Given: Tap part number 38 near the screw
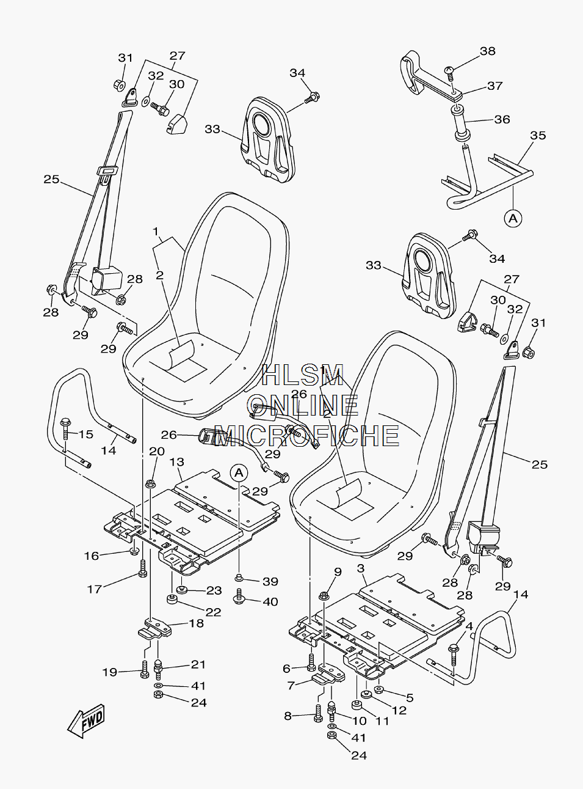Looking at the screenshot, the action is point(487,51).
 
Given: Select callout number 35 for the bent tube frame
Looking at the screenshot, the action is point(538,136).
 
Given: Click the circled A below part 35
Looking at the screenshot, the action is point(513,218).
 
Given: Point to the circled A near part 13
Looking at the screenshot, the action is point(239,473).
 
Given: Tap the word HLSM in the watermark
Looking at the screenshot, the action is point(303,374).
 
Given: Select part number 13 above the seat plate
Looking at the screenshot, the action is point(176,462).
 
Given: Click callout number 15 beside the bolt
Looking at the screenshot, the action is point(85,434).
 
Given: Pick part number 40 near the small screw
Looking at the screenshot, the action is point(270,601).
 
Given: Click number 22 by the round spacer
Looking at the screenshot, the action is point(213,612).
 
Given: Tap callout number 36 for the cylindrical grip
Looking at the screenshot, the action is point(502,119).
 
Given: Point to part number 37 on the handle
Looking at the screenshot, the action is point(495,86).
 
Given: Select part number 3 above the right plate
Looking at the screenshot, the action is point(361,568).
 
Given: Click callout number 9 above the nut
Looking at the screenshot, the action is point(338,571).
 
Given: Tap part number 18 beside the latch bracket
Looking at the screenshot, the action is point(197,623).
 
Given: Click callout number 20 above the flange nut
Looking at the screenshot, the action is point(157,451).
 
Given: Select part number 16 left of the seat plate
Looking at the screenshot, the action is point(92,556).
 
